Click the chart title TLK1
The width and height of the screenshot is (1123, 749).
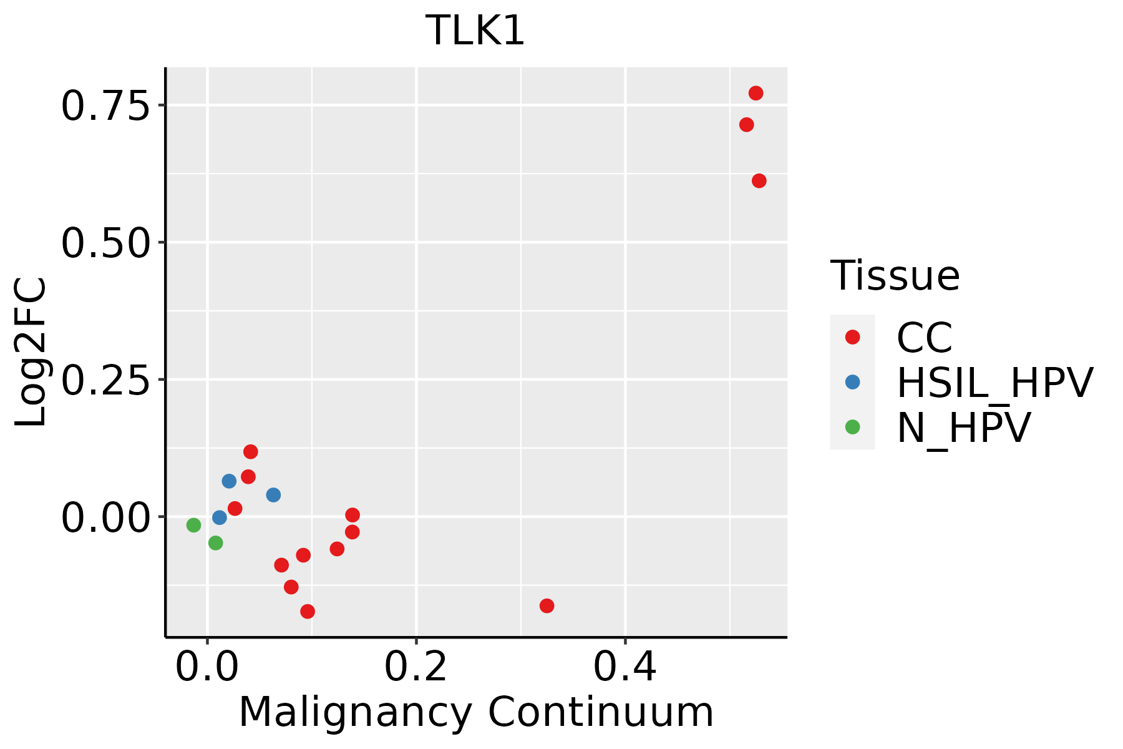click(x=475, y=30)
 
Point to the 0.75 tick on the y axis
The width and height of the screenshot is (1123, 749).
click(x=106, y=105)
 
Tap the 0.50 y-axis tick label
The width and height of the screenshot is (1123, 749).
click(x=106, y=242)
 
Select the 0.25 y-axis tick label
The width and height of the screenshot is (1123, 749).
click(x=106, y=379)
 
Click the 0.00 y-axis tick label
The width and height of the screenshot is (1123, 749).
click(x=106, y=517)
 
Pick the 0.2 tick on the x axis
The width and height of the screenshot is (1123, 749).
click(x=416, y=667)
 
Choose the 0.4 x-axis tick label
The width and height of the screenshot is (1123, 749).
click(x=625, y=667)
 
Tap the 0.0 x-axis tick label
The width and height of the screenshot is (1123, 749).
click(x=207, y=667)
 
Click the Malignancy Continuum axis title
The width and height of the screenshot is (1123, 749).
click(x=476, y=712)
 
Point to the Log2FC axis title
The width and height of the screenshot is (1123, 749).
click(x=31, y=352)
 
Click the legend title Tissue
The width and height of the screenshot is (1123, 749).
click(x=895, y=275)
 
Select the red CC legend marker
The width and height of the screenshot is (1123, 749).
click(x=852, y=337)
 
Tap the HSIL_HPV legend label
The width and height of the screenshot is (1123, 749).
click(x=994, y=383)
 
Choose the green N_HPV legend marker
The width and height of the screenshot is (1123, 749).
click(x=852, y=427)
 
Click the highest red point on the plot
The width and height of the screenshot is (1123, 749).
click(x=756, y=93)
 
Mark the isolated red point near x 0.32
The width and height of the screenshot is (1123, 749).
click(x=547, y=605)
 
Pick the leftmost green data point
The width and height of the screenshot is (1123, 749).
click(x=193, y=525)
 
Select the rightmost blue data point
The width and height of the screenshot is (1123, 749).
click(x=273, y=495)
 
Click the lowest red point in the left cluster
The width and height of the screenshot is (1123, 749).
click(x=307, y=611)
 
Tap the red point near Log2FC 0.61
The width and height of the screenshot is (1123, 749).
click(x=759, y=181)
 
